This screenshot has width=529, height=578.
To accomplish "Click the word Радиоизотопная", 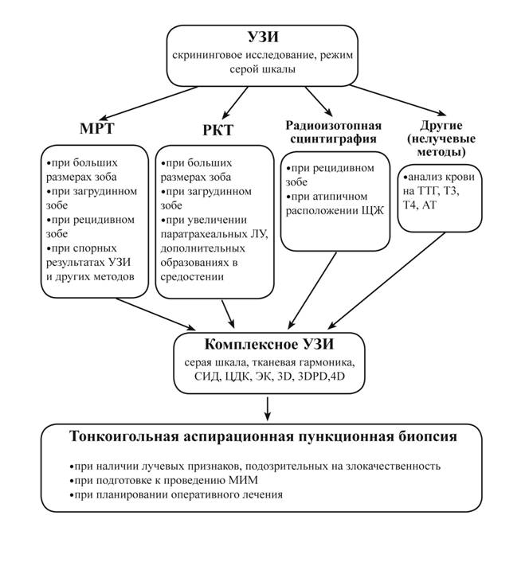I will (x=334, y=125).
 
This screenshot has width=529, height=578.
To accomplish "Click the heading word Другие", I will (x=441, y=125).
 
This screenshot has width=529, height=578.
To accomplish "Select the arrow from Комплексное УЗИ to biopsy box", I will (x=268, y=407).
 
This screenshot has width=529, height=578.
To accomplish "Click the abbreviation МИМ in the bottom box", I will (x=249, y=480).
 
